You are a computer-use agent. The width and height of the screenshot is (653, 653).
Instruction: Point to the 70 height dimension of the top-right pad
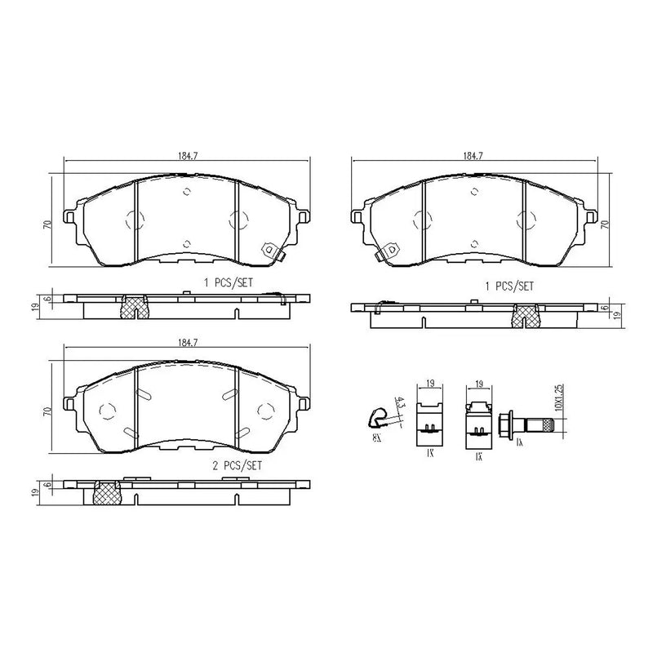[x=604, y=223]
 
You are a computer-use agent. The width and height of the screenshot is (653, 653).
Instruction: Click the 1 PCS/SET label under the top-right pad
[x=510, y=287]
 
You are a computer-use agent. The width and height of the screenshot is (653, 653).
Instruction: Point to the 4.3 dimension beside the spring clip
[x=398, y=403]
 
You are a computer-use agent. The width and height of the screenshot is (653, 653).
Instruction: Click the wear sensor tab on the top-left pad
[x=269, y=252]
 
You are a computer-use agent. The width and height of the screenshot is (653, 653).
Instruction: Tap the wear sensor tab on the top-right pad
[x=386, y=252]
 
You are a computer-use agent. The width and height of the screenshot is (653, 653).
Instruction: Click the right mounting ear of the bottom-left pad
[x=304, y=404]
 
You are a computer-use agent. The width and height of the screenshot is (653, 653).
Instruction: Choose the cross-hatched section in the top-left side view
[x=133, y=307]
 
